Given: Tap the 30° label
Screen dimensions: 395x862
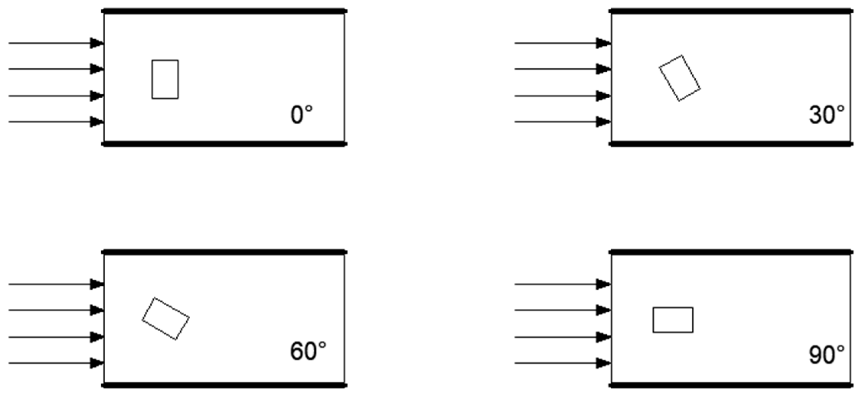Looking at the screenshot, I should click(x=826, y=115).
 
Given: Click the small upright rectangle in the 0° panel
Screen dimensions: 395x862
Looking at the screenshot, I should click(x=165, y=79).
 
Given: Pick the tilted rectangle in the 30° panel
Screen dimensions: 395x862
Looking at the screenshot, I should click(x=680, y=78).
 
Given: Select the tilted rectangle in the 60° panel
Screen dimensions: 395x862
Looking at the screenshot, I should click(x=166, y=318).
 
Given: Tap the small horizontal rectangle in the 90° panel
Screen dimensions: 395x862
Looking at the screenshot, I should click(x=673, y=320).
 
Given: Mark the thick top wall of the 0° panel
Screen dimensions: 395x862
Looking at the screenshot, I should click(x=224, y=11).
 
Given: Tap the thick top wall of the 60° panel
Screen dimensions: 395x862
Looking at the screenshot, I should click(x=224, y=252).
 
